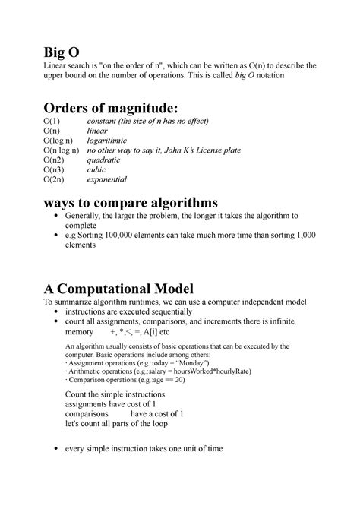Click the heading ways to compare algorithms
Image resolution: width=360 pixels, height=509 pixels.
click(130, 203)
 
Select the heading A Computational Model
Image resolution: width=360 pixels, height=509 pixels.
click(118, 289)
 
